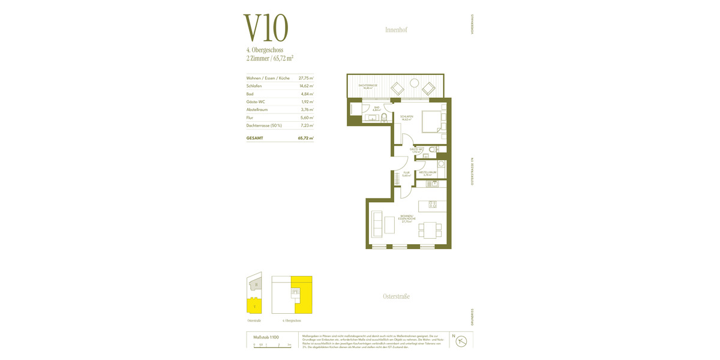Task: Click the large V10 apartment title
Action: pos(266,28)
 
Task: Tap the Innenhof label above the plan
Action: pos(396,29)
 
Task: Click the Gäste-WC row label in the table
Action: pos(256,101)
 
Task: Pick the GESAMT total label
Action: pos(255,138)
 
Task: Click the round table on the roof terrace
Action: pos(413,83)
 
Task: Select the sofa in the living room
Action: pos(377,224)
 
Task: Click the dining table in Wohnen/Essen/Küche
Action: pos(430,230)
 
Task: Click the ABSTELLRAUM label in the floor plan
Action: pos(427,172)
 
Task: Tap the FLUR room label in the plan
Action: pos(406,173)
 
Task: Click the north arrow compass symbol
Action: pos(461,341)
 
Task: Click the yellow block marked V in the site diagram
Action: pos(254,305)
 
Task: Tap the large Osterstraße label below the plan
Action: pos(396,296)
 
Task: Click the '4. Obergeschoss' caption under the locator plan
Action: pos(292,320)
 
